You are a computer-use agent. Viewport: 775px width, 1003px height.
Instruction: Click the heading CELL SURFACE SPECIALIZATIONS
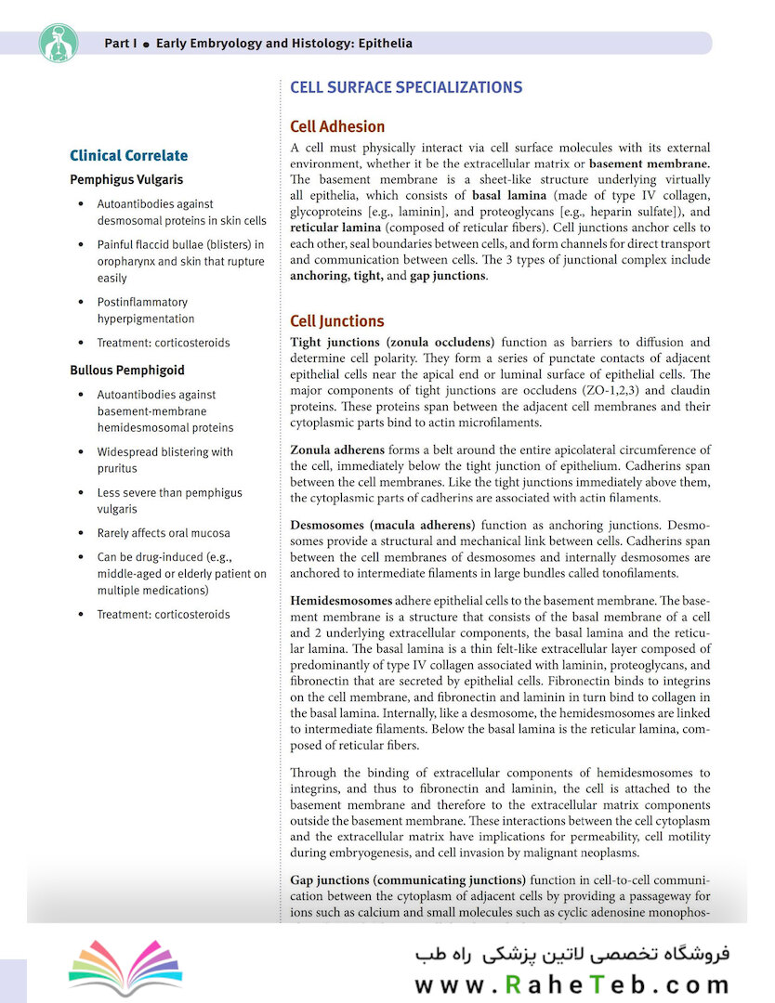point(406,87)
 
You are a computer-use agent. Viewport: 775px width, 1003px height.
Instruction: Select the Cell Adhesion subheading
point(337,126)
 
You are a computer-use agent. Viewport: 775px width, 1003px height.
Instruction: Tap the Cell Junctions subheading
point(336,321)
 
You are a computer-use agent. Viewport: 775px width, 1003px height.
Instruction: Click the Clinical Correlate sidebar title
point(129,156)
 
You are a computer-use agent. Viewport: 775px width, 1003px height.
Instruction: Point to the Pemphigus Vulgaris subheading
point(126,179)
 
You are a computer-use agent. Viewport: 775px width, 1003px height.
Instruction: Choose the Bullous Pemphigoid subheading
point(127,371)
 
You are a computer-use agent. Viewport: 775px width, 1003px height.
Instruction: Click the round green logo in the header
point(59,43)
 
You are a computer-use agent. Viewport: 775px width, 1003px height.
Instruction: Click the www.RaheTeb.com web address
point(571,985)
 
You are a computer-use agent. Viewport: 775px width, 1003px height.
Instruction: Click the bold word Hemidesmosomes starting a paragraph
point(340,599)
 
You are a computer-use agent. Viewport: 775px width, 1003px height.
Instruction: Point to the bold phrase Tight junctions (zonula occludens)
point(392,343)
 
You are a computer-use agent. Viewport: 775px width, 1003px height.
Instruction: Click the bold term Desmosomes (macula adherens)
point(382,525)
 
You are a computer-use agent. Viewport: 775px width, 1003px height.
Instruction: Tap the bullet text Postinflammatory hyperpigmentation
point(146,310)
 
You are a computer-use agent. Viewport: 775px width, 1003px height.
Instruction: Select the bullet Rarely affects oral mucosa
point(164,533)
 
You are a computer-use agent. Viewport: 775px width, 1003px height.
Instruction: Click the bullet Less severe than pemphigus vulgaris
point(169,501)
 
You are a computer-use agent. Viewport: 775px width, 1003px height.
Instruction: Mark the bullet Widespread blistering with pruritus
point(164,460)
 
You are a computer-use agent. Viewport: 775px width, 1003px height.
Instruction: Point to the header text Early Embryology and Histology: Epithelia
point(284,44)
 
